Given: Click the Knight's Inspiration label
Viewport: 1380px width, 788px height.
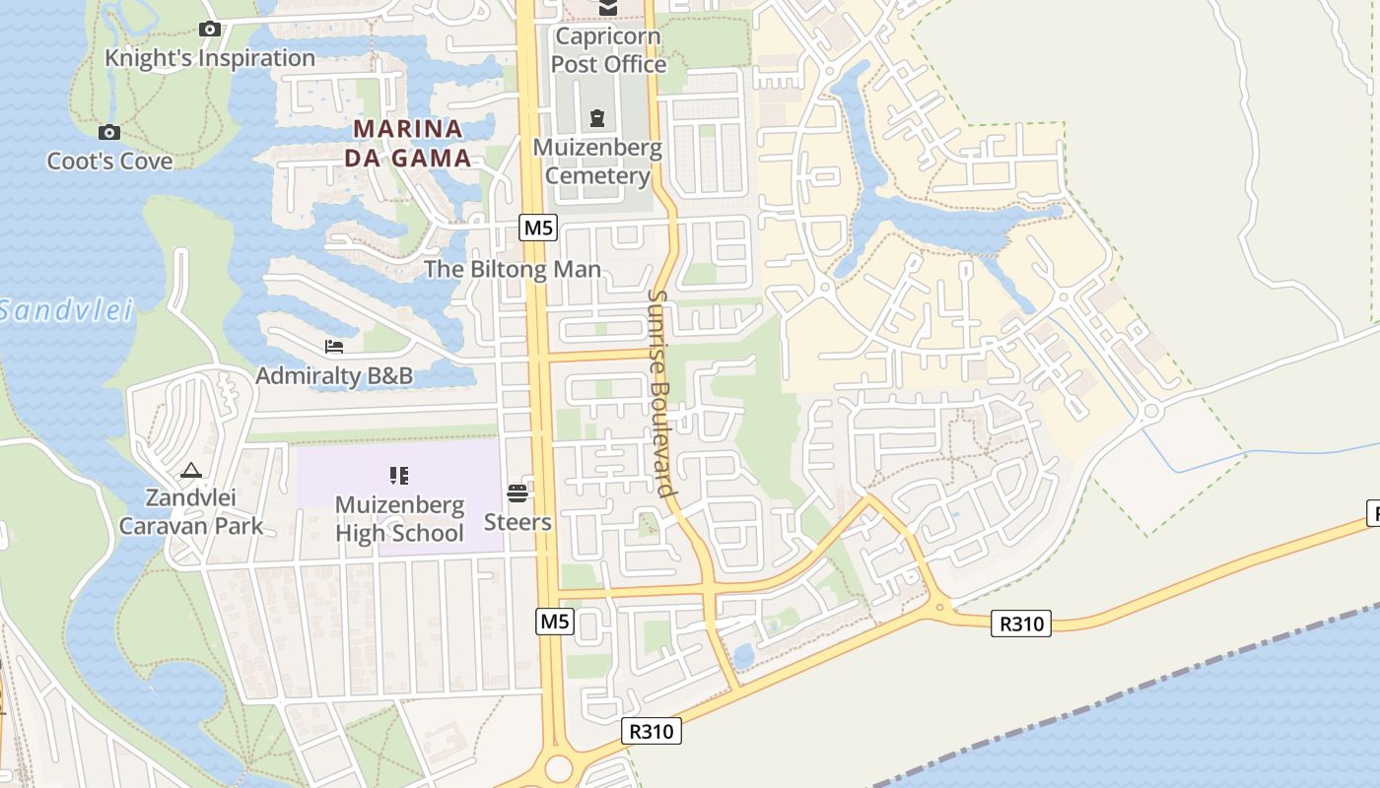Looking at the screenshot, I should tap(210, 58).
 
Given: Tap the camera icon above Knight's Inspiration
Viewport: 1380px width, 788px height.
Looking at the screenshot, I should tap(209, 29).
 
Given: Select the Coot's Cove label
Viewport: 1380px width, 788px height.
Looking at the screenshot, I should tap(109, 161).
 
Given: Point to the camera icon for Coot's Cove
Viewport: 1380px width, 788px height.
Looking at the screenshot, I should tap(109, 132).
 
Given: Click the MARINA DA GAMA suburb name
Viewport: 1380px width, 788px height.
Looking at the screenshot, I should tap(408, 143).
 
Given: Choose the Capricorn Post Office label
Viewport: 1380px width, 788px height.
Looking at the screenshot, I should tap(608, 50).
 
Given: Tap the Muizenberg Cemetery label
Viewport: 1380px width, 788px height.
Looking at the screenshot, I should tap(597, 162).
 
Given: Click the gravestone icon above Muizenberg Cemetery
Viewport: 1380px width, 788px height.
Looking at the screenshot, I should tap(596, 119).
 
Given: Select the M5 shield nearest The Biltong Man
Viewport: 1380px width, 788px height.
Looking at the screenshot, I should tap(538, 229).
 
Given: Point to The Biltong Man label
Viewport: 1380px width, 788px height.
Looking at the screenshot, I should tap(512, 269).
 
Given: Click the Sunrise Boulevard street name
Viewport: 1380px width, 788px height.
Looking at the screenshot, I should tap(660, 392).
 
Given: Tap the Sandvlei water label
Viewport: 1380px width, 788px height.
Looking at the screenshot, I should tap(65, 311).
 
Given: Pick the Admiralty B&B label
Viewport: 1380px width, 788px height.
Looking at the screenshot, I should tap(334, 375).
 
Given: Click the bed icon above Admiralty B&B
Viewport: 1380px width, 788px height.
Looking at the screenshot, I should tap(334, 347).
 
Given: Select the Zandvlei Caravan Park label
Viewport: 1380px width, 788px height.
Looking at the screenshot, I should tap(191, 511).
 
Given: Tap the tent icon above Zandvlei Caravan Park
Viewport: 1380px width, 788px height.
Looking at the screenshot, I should tap(191, 471).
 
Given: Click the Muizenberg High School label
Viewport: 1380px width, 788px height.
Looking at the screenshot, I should tap(399, 519).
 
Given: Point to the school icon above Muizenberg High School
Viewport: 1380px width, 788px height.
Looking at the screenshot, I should tap(398, 477).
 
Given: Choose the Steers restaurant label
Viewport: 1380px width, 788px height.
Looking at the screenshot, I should tap(517, 521).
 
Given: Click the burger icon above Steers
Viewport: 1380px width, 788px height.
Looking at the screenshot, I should tap(517, 492).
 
